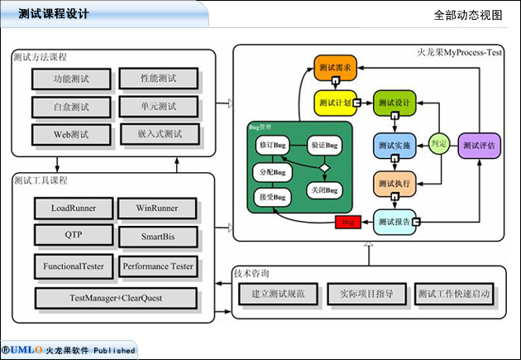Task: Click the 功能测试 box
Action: [70, 79]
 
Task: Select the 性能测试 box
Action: [159, 79]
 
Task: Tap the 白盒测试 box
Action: [70, 107]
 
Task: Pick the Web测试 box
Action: [70, 134]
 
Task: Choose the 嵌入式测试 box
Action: [159, 134]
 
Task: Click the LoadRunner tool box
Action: [73, 207]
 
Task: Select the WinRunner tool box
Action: [158, 207]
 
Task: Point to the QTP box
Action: [73, 235]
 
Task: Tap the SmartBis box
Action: [158, 237]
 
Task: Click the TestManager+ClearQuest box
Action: [117, 297]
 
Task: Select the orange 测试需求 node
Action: [335, 67]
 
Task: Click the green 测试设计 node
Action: [394, 103]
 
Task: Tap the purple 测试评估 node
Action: [480, 145]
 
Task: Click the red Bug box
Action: [347, 222]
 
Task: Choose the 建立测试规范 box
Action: [273, 294]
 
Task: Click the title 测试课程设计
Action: [54, 14]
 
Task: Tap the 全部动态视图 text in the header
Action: [467, 15]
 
